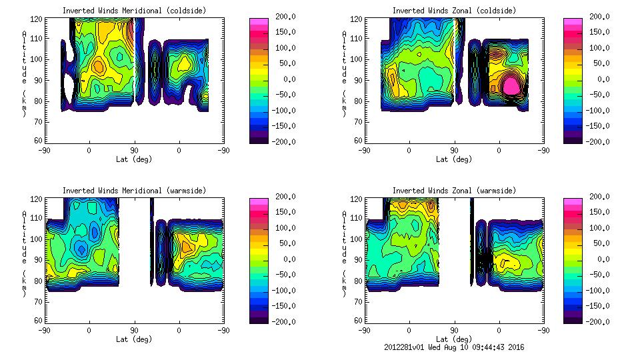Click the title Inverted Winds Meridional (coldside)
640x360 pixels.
click(133, 11)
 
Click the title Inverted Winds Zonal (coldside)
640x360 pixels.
click(453, 11)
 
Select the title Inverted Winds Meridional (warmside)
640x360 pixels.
click(134, 191)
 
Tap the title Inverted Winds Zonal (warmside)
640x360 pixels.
click(453, 191)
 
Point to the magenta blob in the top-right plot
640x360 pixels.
click(511, 85)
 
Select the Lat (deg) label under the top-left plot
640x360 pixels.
click(133, 159)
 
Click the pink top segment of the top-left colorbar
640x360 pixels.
click(258, 21)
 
